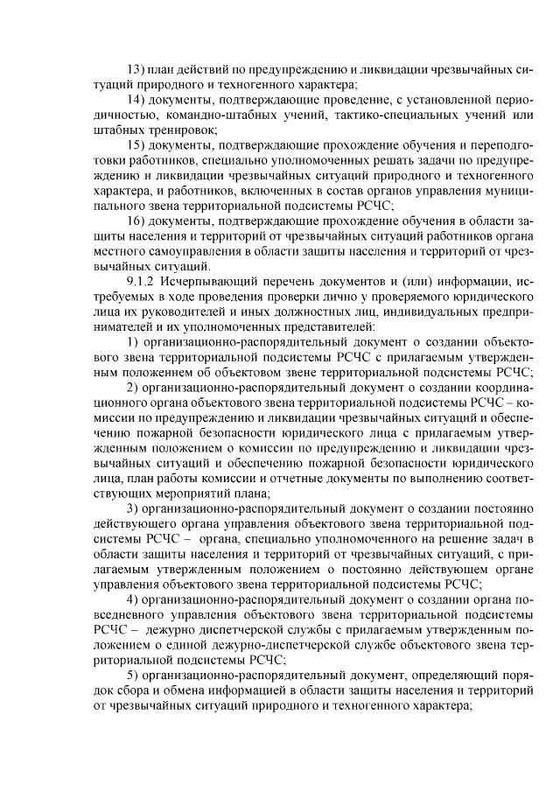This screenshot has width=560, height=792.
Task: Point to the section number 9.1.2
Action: click(142, 281)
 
